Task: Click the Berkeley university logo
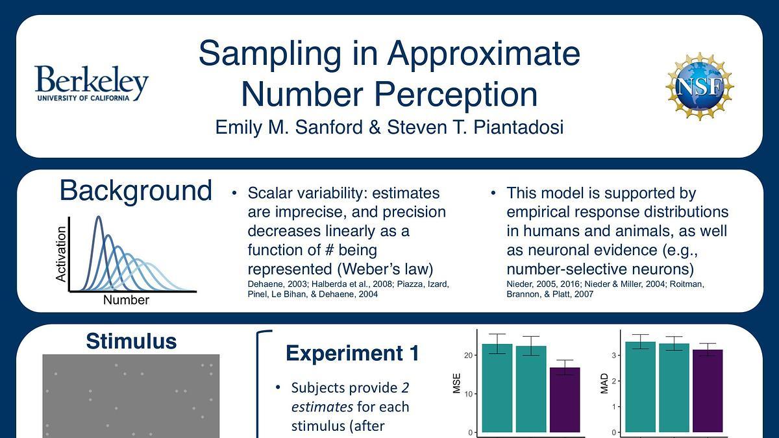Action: coord(92,84)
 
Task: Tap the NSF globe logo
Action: coord(699,86)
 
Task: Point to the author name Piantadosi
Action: coord(519,127)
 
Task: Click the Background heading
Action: coord(136,191)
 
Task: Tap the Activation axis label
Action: coord(61,254)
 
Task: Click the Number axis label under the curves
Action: coord(126,300)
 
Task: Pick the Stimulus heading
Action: coord(131,341)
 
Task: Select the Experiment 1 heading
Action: coord(352,354)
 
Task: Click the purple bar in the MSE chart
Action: coord(565,400)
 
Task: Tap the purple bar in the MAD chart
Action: coord(708,391)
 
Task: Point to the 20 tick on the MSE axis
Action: coord(468,356)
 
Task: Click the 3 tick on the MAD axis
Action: coord(614,356)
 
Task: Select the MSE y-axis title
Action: coord(456,383)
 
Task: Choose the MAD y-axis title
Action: coord(604,383)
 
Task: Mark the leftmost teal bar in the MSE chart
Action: coord(497,388)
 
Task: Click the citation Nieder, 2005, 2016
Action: coord(543,284)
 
